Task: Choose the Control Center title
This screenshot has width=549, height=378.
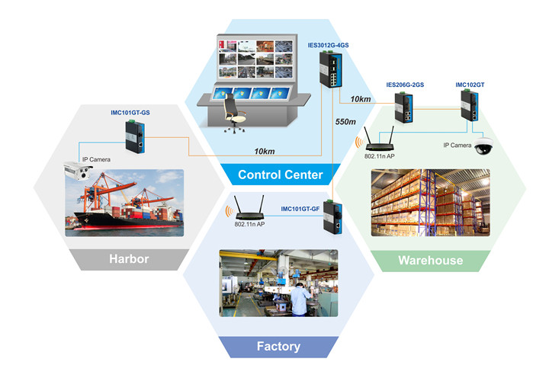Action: pyautogui.click(x=280, y=175)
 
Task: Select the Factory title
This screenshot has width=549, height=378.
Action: pyautogui.click(x=278, y=347)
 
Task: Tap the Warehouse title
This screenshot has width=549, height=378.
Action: pyautogui.click(x=430, y=261)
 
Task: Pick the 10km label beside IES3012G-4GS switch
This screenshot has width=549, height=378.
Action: pyautogui.click(x=361, y=100)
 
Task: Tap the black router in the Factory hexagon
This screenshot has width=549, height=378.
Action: pyautogui.click(x=245, y=207)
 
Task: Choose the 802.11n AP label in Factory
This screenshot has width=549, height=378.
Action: pyautogui.click(x=250, y=225)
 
